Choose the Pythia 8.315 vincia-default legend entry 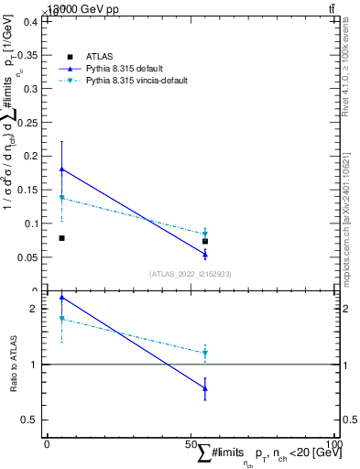(136, 82)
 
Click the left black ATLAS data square (61, 238)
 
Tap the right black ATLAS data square (205, 241)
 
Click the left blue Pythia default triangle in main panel (61, 169)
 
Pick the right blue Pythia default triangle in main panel (205, 254)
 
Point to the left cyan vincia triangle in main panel (61, 198)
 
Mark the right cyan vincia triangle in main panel (205, 234)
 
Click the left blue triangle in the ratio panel (61, 298)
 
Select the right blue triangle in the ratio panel (205, 388)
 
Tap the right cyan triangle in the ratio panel (205, 353)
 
